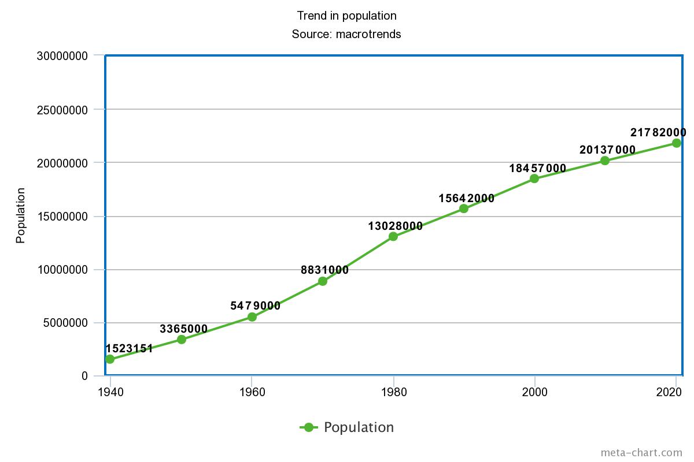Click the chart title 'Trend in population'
click(346, 16)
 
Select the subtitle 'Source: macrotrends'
click(346, 34)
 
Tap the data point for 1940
click(110, 359)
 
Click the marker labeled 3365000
click(182, 340)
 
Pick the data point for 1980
click(393, 236)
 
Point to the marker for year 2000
click(534, 178)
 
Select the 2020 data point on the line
click(676, 143)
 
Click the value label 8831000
click(324, 270)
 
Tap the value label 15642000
click(466, 199)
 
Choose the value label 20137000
click(607, 150)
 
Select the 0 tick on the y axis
click(84, 377)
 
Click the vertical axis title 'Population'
click(21, 215)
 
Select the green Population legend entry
click(346, 427)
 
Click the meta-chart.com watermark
click(641, 453)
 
